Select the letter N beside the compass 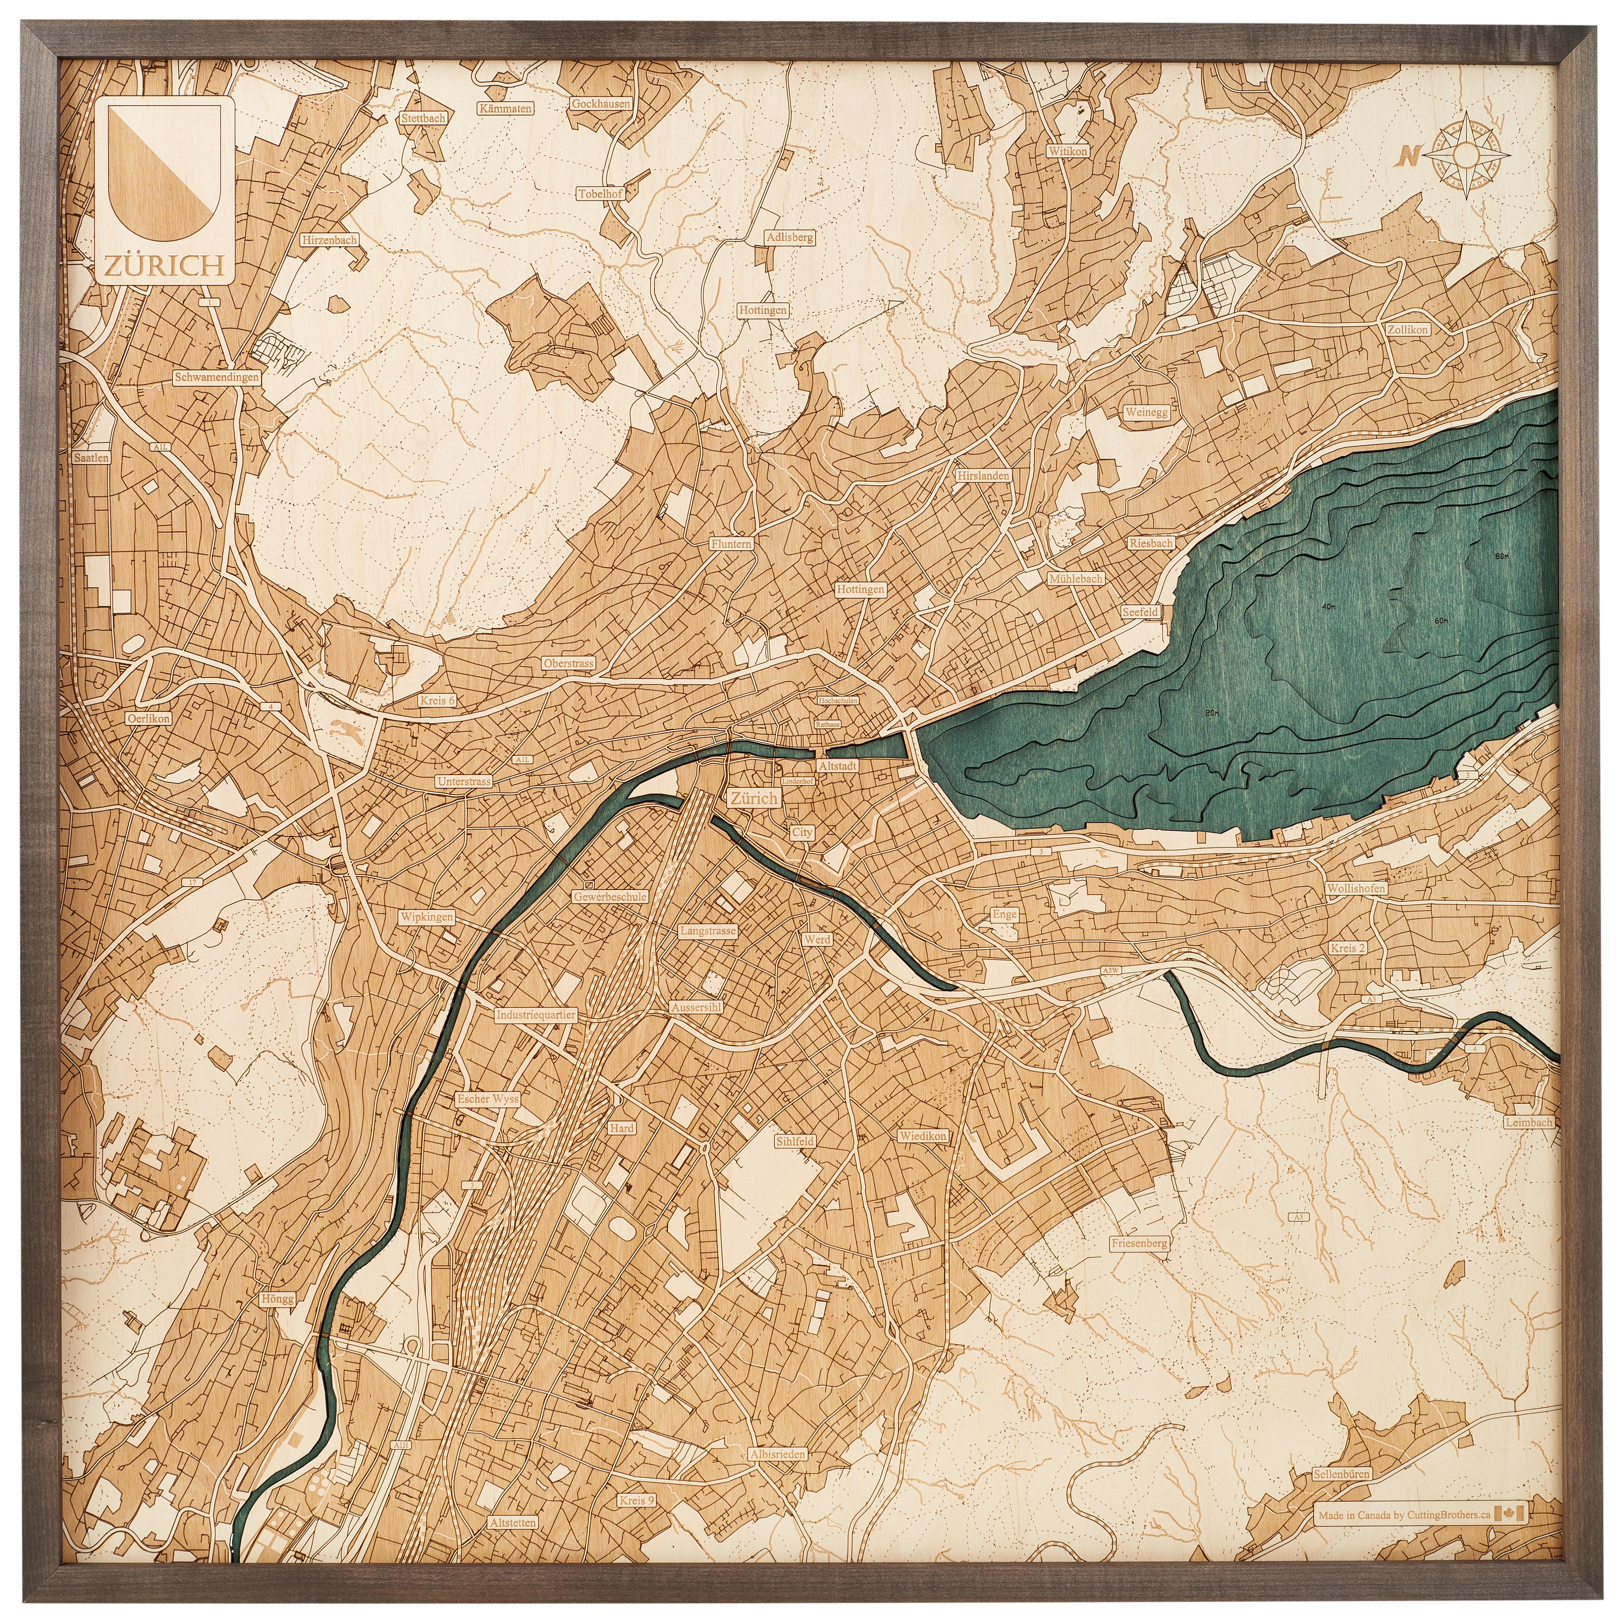[1409, 155]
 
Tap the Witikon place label [1067, 151]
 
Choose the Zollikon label [1408, 329]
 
